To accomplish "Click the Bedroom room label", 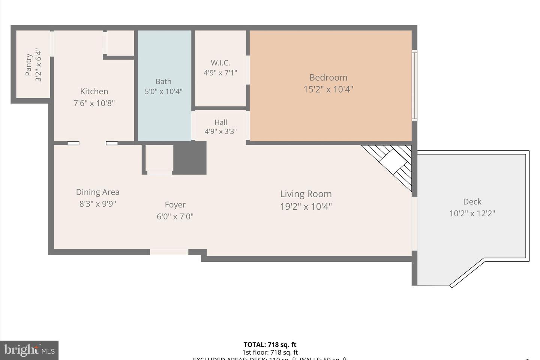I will pyautogui.click(x=328, y=78).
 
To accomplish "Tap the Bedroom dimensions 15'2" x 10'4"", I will pyautogui.click(x=328, y=89).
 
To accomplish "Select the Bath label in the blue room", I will pyautogui.click(x=163, y=81).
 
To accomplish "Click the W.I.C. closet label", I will pyautogui.click(x=220, y=63).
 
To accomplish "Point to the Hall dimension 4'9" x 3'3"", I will pyautogui.click(x=220, y=131).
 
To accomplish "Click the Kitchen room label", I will pyautogui.click(x=94, y=91).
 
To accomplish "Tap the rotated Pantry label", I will pyautogui.click(x=29, y=64).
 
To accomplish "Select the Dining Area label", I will pyautogui.click(x=97, y=192).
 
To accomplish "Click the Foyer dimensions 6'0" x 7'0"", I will pyautogui.click(x=175, y=216).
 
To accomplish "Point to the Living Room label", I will pyautogui.click(x=306, y=194).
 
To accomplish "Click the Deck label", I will pyautogui.click(x=472, y=202).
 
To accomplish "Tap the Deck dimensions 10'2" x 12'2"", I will pyautogui.click(x=472, y=213).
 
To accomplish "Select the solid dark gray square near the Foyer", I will pyautogui.click(x=190, y=158).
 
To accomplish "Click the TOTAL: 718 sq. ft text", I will pyautogui.click(x=270, y=345).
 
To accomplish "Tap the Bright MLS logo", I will pyautogui.click(x=29, y=350).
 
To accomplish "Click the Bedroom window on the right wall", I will pyautogui.click(x=414, y=85).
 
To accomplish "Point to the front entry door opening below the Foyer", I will pyautogui.click(x=169, y=252).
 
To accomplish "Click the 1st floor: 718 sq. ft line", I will pyautogui.click(x=270, y=352).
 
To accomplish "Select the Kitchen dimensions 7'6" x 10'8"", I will pyautogui.click(x=94, y=103).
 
